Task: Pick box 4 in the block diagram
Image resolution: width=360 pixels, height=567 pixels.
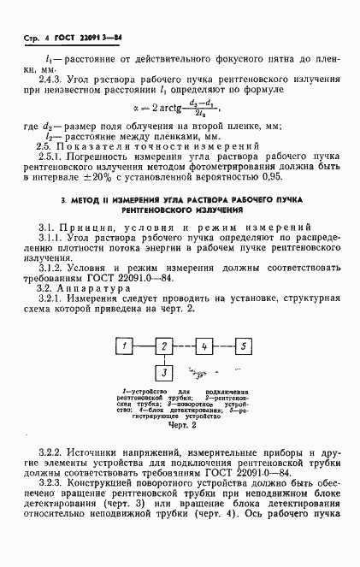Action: (204, 346)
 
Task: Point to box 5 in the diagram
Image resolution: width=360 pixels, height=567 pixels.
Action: (244, 346)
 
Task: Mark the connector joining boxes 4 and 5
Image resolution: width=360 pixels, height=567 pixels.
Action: (224, 346)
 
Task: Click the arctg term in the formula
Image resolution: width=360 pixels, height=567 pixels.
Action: (175, 109)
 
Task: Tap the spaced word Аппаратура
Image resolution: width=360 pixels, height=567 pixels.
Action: (95, 288)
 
